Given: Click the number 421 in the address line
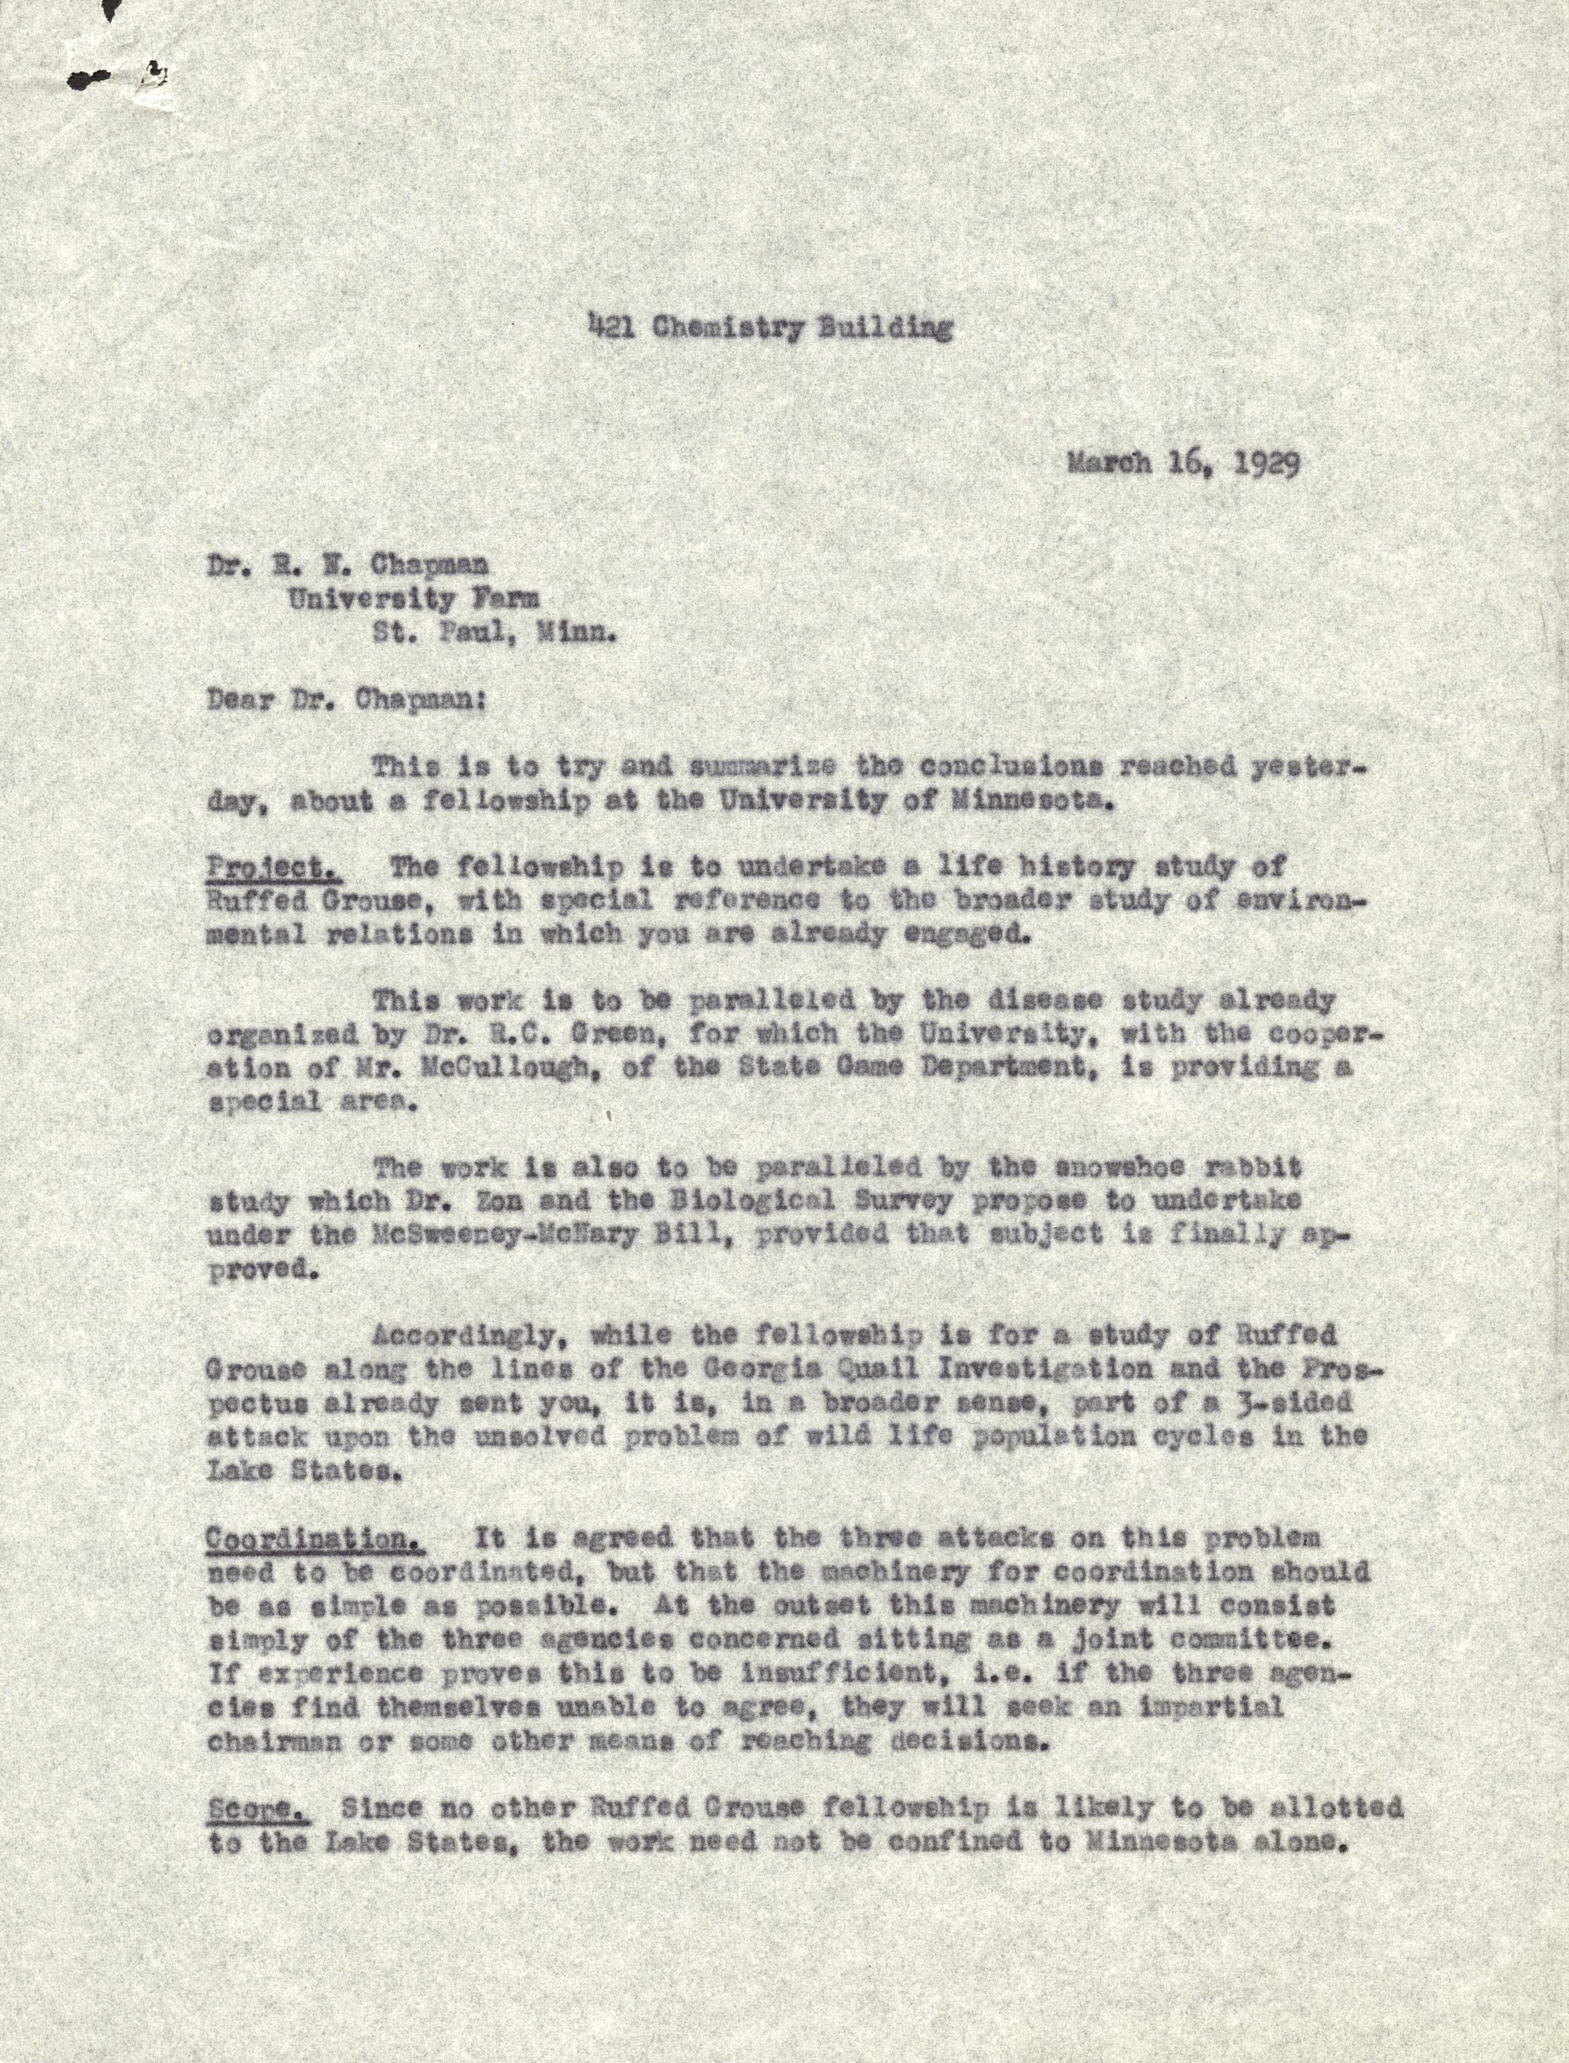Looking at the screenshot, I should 606,327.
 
